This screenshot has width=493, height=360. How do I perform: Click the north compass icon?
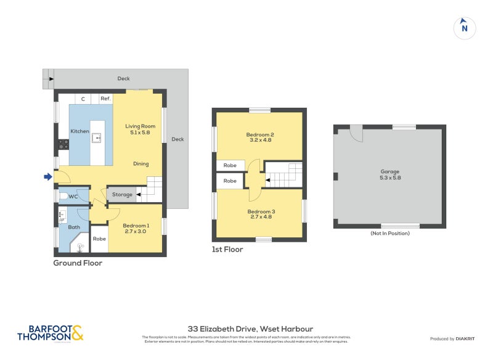point(465,27)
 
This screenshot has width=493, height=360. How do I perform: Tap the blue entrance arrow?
point(48,178)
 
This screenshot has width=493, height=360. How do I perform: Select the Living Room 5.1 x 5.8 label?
point(140,129)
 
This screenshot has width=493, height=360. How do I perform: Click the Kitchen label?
point(79,131)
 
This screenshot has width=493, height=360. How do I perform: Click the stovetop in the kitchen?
point(63,145)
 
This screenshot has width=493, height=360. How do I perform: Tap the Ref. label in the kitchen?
point(105,99)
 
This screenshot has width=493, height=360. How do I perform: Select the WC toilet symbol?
point(63,196)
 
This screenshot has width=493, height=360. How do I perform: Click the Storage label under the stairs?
point(122,195)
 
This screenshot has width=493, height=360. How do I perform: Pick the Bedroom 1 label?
point(136,228)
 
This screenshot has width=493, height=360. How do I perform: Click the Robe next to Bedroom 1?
point(99,239)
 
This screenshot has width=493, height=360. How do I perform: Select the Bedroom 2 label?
point(259,137)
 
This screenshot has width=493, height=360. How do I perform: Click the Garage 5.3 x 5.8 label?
point(389,174)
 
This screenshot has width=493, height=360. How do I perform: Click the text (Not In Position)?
point(389,233)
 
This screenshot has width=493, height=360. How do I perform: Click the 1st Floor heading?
point(227,250)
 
